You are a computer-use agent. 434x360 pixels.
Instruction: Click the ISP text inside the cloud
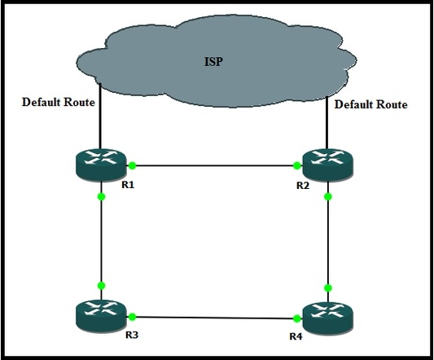pos(213,61)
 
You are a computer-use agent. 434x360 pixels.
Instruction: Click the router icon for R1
pos(101,165)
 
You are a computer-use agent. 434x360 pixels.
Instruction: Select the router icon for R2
pos(328,165)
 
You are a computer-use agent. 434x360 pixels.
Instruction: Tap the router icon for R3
pos(101,316)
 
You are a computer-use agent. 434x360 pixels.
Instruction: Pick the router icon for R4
pos(328,318)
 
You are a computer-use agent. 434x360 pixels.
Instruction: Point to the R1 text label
pos(128,185)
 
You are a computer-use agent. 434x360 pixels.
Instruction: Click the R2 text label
pos(303,186)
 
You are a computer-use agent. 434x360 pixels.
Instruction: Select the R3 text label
pos(132,335)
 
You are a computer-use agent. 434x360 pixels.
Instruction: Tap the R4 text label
pos(296,336)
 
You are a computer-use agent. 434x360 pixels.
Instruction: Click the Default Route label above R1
pos(59,102)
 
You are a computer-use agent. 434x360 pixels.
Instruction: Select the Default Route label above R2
pos(370,104)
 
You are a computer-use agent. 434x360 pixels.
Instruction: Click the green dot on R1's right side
pos(132,165)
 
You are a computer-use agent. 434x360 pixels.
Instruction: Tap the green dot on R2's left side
pos(296,165)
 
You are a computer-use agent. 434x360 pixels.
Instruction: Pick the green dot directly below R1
pos(101,196)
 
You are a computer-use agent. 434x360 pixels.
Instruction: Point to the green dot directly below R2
pos(328,196)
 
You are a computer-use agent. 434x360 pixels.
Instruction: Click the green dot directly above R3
pos(101,286)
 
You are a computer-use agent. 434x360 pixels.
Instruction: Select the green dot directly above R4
pos(328,288)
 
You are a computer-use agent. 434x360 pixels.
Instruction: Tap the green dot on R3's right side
pos(132,317)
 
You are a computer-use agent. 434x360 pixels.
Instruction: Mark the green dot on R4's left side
pos(296,318)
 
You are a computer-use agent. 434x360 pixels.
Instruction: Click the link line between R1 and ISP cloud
pos(100,116)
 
